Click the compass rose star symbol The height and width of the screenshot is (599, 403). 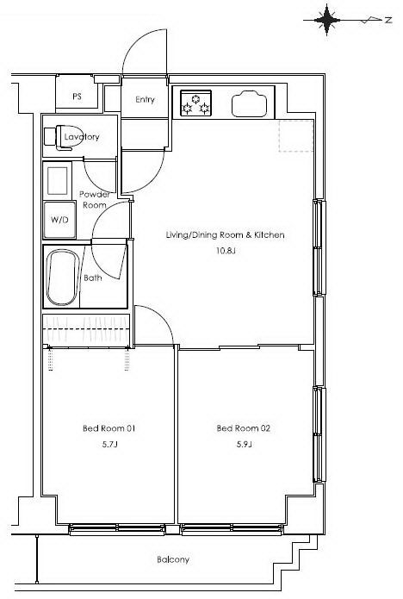click(x=326, y=20)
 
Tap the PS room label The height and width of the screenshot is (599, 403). click(x=77, y=97)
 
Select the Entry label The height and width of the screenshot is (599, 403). click(x=145, y=100)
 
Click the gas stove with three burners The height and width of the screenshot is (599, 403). click(x=195, y=103)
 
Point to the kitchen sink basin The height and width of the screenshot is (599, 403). click(x=249, y=103)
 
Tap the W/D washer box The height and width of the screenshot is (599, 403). click(x=59, y=220)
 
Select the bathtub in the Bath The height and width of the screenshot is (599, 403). click(x=63, y=278)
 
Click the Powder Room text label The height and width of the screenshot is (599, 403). click(x=94, y=199)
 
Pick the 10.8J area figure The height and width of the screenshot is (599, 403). click(x=225, y=251)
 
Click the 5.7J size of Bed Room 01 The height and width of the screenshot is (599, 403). click(x=109, y=444)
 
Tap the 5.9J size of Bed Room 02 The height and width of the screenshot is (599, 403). click(x=244, y=444)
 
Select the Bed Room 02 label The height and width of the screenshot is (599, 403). click(x=244, y=428)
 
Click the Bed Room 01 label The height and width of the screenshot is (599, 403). click(x=109, y=428)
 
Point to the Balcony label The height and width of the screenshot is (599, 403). click(x=173, y=559)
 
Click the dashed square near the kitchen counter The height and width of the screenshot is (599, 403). click(x=296, y=135)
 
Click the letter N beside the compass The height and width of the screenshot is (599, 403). click(x=388, y=20)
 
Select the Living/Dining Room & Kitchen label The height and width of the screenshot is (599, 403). click(x=225, y=235)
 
